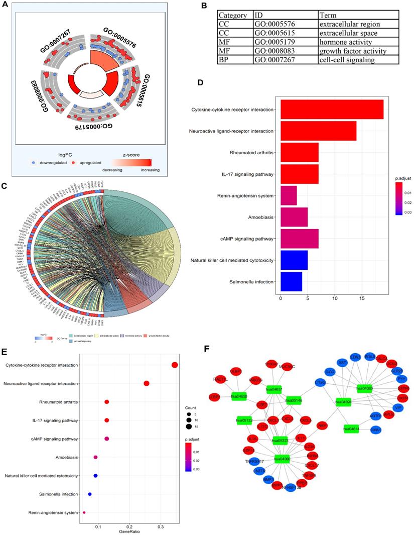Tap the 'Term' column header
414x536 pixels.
pos(329,15)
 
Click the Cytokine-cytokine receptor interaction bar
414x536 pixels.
pos(332,110)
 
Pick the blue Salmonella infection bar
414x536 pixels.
pos(291,281)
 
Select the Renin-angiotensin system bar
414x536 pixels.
pos(289,195)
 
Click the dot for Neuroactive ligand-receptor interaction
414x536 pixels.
pos(147,384)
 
